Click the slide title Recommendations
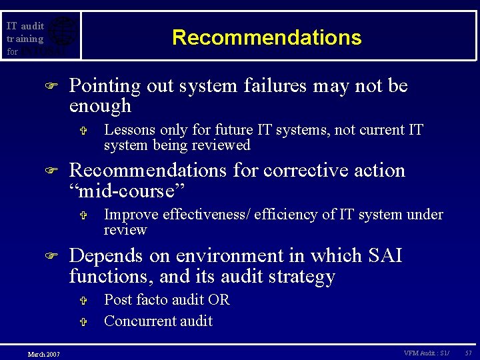pyautogui.click(x=267, y=37)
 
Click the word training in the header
pyautogui.click(x=25, y=39)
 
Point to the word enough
pyautogui.click(x=100, y=106)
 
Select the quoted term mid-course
pyautogui.click(x=127, y=191)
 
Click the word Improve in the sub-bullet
pyautogui.click(x=131, y=215)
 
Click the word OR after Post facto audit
pyautogui.click(x=219, y=300)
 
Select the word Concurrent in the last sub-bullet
pyautogui.click(x=137, y=321)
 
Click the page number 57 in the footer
pyautogui.click(x=469, y=353)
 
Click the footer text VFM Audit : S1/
pyautogui.click(x=426, y=353)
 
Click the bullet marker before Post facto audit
pyautogui.click(x=83, y=301)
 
